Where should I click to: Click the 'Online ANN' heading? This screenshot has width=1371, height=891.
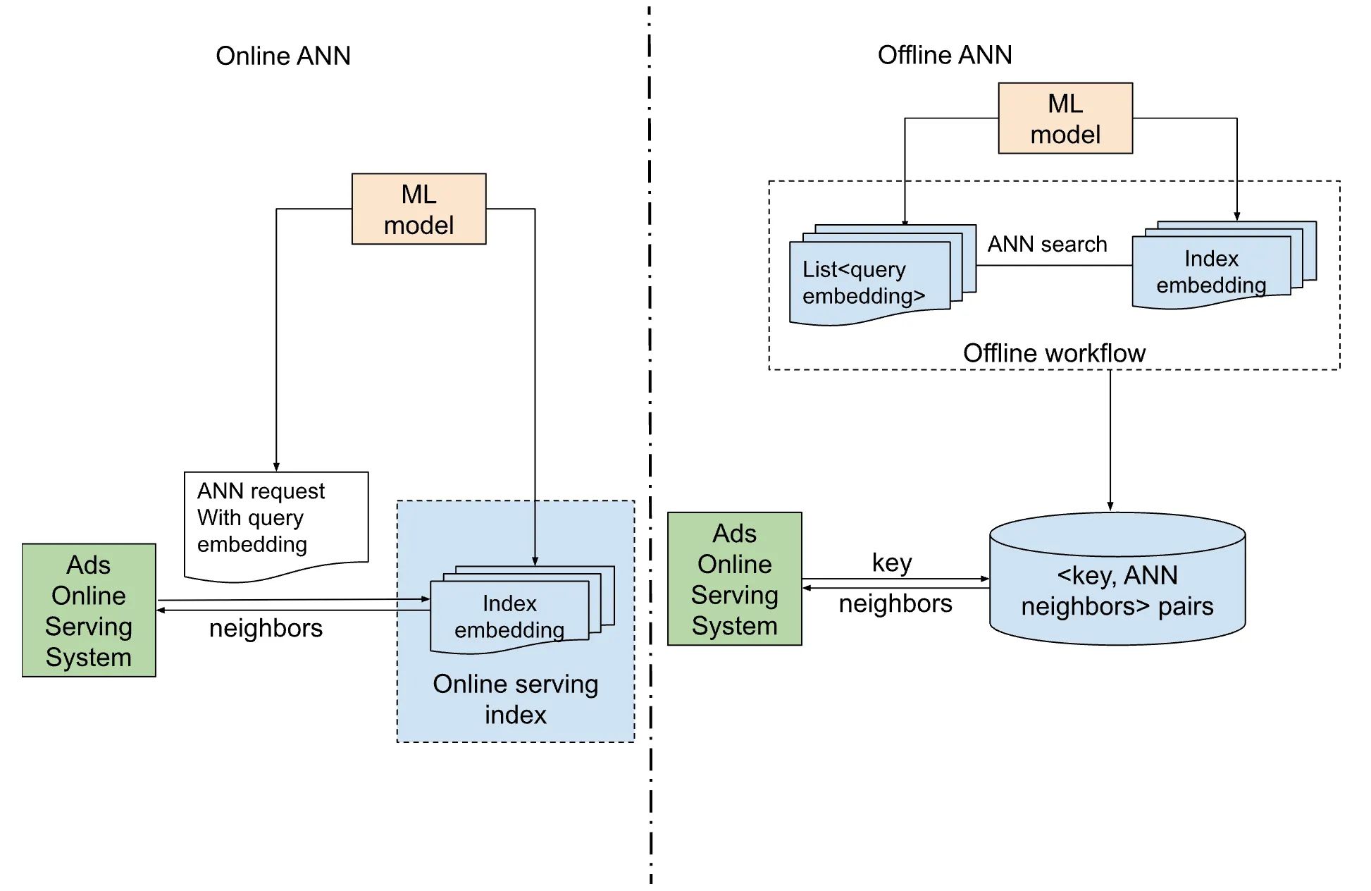pyautogui.click(x=283, y=56)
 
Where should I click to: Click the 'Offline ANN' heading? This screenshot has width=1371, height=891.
pyautogui.click(x=944, y=54)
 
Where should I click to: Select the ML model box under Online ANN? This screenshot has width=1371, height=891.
pyautogui.click(x=418, y=209)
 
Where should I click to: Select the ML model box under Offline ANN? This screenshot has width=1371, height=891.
pyautogui.click(x=1065, y=118)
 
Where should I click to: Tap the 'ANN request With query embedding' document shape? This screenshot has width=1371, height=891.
pyautogui.click(x=275, y=522)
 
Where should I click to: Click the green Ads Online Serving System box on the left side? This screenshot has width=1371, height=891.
pyautogui.click(x=89, y=610)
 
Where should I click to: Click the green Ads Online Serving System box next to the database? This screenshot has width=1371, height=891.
pyautogui.click(x=734, y=579)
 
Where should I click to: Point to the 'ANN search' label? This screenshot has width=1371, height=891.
pyautogui.click(x=1047, y=244)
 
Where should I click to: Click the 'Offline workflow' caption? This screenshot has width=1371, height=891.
pyautogui.click(x=1054, y=352)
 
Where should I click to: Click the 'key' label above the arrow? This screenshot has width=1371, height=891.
pyautogui.click(x=891, y=563)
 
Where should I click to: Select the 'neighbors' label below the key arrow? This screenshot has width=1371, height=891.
pyautogui.click(x=895, y=603)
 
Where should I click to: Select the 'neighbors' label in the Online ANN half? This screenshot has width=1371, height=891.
pyautogui.click(x=266, y=628)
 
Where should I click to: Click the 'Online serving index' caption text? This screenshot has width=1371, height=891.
pyautogui.click(x=515, y=699)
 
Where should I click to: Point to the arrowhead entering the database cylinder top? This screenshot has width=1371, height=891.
pyautogui.click(x=1110, y=506)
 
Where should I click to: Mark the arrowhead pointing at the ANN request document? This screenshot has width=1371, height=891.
pyautogui.click(x=276, y=467)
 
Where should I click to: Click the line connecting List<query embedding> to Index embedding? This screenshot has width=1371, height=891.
pyautogui.click(x=1053, y=266)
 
